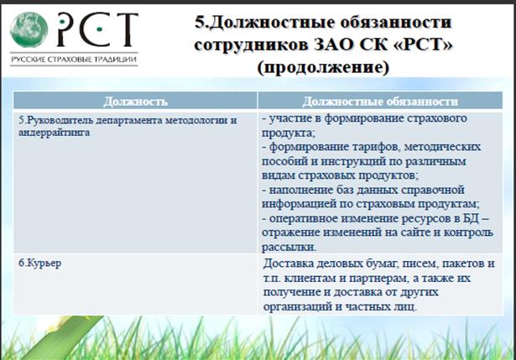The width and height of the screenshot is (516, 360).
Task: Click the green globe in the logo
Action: (29, 29)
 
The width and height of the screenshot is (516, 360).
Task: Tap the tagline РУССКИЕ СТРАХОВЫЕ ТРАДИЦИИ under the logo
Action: (74, 60)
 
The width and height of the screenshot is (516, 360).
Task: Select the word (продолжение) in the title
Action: (323, 67)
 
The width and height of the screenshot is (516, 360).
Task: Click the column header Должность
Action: (135, 102)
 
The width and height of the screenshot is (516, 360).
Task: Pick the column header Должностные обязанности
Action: (380, 102)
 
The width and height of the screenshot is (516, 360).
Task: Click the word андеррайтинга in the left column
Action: (54, 133)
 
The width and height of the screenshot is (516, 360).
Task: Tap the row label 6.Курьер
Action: (39, 263)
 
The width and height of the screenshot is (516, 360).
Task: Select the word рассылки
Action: (289, 247)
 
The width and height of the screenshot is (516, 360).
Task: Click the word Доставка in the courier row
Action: (288, 263)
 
